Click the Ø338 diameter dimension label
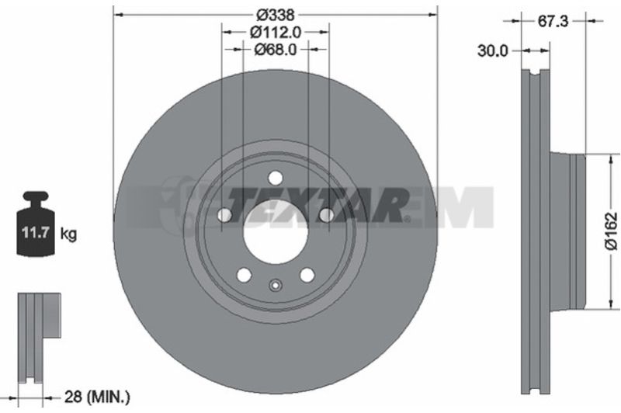coord(276,15)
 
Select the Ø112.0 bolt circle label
coord(276,32)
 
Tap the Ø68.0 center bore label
coord(276,50)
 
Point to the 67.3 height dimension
coord(553,21)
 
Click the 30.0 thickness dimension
coord(492,50)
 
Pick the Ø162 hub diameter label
coord(611,231)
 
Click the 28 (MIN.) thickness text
coord(97,397)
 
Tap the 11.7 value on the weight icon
coord(35,232)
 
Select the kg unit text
coord(68,234)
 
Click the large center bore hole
coord(276,231)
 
